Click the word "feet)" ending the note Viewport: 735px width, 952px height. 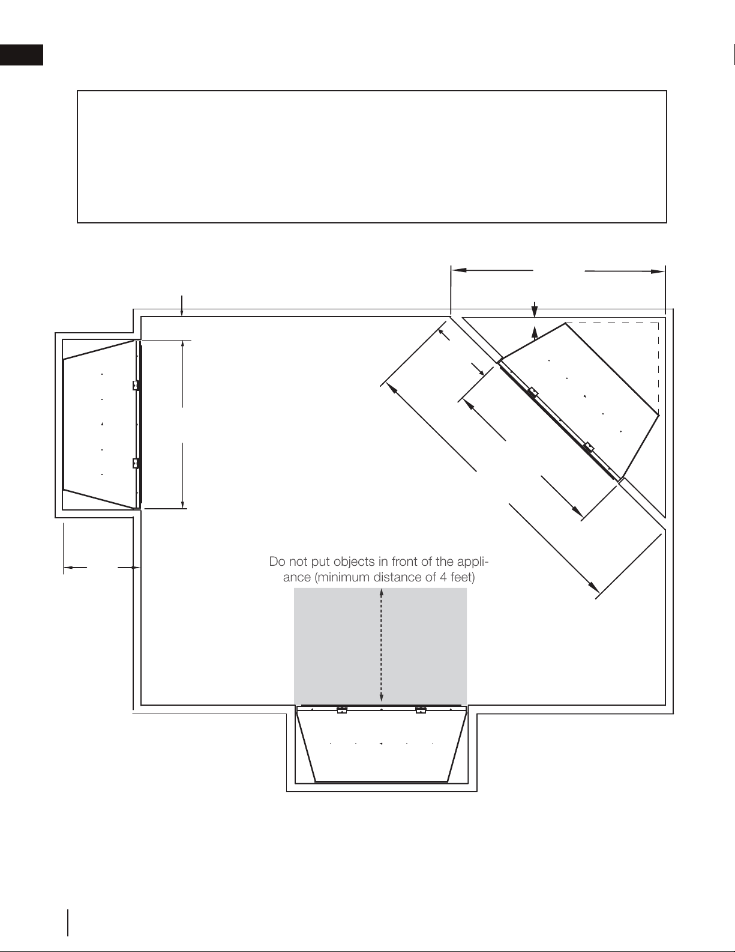pyautogui.click(x=463, y=577)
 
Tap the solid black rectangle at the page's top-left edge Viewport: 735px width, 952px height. pyautogui.click(x=22, y=55)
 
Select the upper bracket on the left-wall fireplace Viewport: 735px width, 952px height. pyautogui.click(x=136, y=386)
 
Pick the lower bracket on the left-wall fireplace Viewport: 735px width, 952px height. pyautogui.click(x=136, y=463)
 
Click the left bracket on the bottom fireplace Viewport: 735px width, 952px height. pyautogui.click(x=341, y=710)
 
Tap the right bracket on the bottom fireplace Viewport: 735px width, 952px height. pyautogui.click(x=421, y=710)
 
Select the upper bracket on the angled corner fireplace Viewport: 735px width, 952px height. pyautogui.click(x=532, y=392)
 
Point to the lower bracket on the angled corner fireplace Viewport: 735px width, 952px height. pyautogui.click(x=589, y=447)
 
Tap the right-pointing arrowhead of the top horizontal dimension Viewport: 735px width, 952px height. pyautogui.click(x=658, y=271)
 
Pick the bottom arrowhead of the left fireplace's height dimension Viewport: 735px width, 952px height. pyautogui.click(x=183, y=505)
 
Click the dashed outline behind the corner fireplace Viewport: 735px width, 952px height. pyautogui.click(x=658, y=368)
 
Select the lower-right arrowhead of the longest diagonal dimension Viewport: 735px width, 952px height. pyautogui.click(x=593, y=587)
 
